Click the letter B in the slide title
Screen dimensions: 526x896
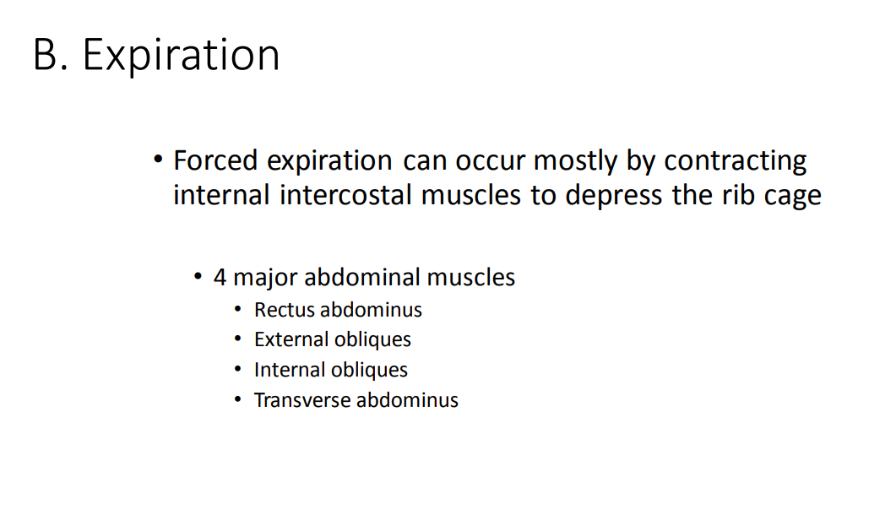pyautogui.click(x=46, y=56)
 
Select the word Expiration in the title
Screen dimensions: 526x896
pyautogui.click(x=182, y=57)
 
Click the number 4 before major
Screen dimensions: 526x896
pyautogui.click(x=220, y=277)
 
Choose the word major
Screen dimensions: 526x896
pyautogui.click(x=264, y=278)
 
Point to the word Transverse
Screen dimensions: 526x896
pyautogui.click(x=302, y=400)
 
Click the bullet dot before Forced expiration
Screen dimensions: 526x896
pyautogui.click(x=157, y=160)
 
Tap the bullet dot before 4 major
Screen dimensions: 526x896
pyautogui.click(x=198, y=277)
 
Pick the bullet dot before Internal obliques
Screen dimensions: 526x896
pyautogui.click(x=238, y=370)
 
